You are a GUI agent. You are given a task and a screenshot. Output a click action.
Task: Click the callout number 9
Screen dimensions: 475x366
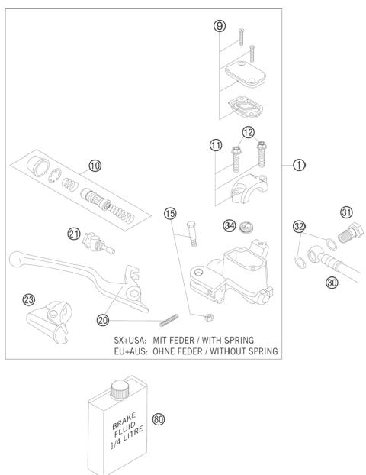(220, 26)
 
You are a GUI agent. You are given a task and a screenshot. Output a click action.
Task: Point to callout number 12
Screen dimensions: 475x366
(248, 133)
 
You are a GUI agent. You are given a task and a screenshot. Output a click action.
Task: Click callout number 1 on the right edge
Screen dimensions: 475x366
(300, 163)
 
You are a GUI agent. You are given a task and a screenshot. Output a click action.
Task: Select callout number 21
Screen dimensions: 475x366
(74, 234)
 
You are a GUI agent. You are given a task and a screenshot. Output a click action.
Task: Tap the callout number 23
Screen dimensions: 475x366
(29, 300)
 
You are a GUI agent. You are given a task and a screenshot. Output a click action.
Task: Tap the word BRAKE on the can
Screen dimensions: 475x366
(104, 418)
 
